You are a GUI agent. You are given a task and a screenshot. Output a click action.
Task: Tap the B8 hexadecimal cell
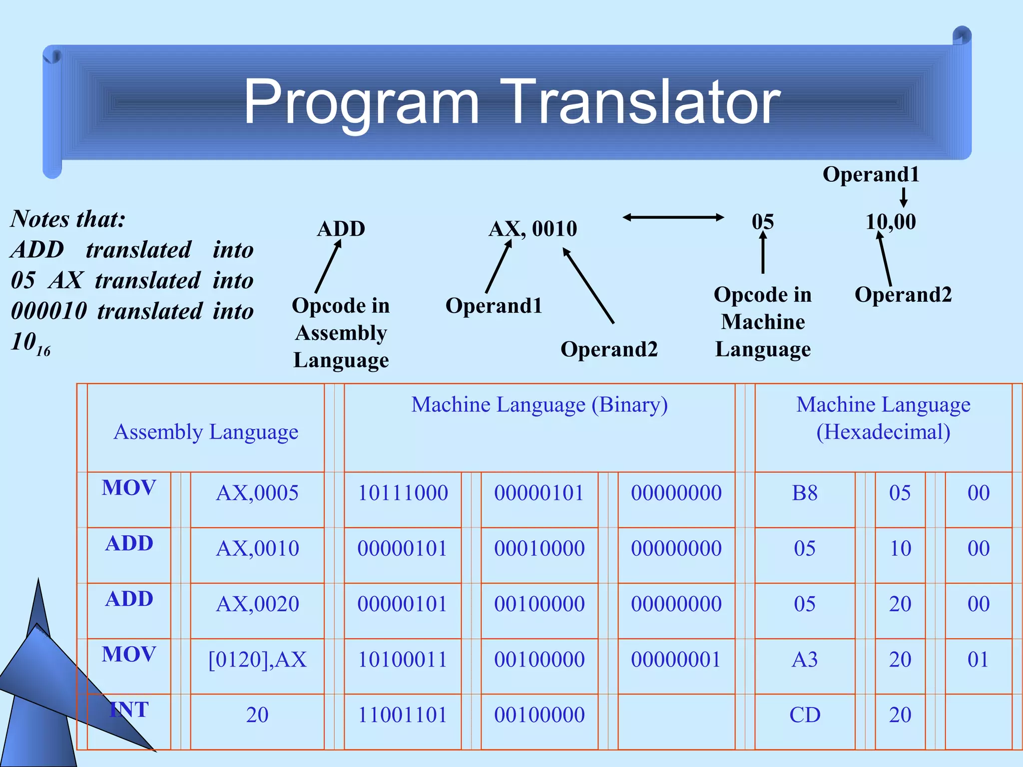click(x=804, y=493)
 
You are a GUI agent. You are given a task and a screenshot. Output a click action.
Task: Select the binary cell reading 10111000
click(x=403, y=493)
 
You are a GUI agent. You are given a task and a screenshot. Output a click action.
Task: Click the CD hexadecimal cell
click(x=804, y=715)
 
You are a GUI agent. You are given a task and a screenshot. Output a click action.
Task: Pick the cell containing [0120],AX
click(x=257, y=660)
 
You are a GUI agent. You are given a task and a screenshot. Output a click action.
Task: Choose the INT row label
click(x=129, y=710)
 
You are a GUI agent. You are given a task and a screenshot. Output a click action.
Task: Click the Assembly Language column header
click(x=206, y=432)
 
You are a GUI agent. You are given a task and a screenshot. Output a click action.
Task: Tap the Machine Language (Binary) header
click(x=539, y=405)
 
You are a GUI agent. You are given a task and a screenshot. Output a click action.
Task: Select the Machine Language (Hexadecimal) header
click(x=883, y=418)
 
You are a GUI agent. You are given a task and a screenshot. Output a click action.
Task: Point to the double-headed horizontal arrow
click(x=673, y=217)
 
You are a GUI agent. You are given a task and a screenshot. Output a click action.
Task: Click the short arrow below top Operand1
click(x=903, y=197)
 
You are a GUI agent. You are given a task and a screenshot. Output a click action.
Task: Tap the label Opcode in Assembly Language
click(x=341, y=333)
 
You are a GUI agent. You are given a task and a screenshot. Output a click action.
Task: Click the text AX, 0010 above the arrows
click(x=532, y=229)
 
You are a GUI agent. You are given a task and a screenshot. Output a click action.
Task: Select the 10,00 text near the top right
click(x=891, y=222)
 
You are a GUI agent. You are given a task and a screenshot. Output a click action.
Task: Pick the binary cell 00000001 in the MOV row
click(x=676, y=660)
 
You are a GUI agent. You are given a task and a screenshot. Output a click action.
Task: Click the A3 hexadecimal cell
click(x=804, y=660)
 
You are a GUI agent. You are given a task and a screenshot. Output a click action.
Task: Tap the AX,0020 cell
click(x=257, y=604)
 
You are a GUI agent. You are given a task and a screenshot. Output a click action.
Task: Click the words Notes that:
click(x=68, y=219)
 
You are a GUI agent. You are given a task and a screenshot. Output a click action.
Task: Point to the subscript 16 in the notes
click(x=43, y=351)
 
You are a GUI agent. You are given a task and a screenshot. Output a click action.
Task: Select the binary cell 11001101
click(x=403, y=715)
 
